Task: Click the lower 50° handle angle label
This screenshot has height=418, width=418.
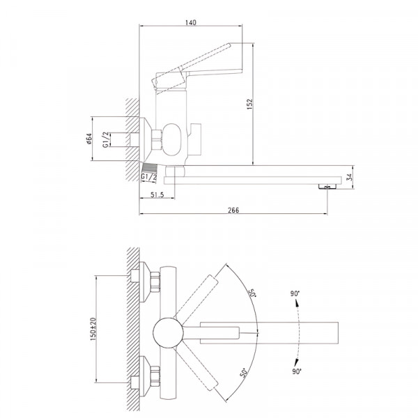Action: (x=243, y=373)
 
